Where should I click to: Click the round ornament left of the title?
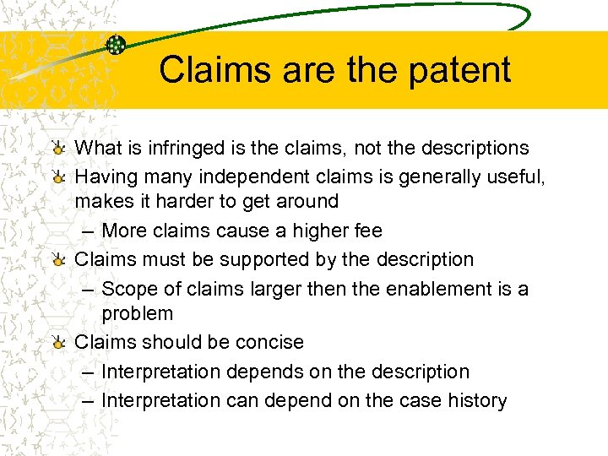117,45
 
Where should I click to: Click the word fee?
367,231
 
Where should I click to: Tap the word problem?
138,313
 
